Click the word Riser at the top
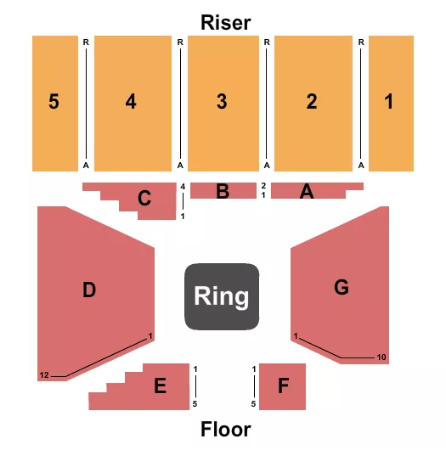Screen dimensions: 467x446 pos(225,22)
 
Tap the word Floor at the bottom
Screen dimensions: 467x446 pos(225,429)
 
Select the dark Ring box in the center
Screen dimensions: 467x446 pos(222,296)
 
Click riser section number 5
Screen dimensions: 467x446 pos(54,102)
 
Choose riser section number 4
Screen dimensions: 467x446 pos(130,102)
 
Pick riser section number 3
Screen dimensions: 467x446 pos(222,102)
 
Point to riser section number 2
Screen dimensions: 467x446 pos(312,102)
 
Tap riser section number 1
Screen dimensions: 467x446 pos(389,102)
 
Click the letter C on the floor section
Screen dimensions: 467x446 pos(145,200)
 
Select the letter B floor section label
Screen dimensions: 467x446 pos(223,192)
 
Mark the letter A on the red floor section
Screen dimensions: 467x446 pos(307,193)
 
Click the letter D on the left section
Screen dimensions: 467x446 pos(89,290)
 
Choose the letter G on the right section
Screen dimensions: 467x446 pos(341,288)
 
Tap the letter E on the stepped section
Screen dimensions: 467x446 pos(159,387)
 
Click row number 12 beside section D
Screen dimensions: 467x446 pos(43,374)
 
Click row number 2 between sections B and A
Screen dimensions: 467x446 pos(263,185)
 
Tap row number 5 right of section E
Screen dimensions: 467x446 pos(195,403)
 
